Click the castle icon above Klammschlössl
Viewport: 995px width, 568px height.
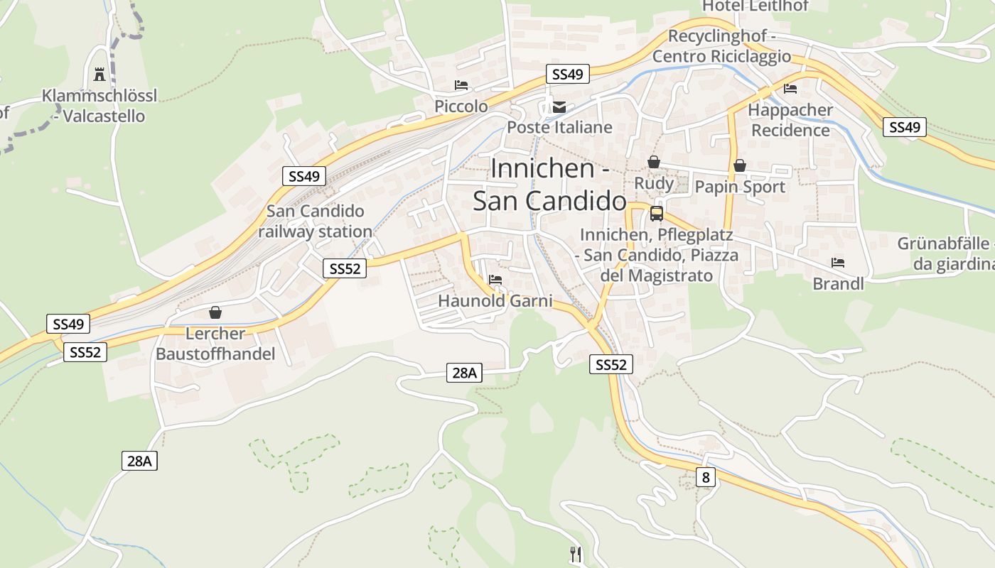coord(99,74)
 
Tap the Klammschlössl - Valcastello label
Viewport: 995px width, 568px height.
coord(99,106)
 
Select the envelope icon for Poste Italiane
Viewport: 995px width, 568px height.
coord(559,107)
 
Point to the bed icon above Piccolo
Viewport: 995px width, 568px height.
coord(461,85)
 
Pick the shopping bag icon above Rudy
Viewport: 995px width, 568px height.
coord(654,163)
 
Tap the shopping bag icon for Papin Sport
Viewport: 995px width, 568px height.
coord(740,165)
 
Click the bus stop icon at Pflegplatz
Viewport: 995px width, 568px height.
coord(657,213)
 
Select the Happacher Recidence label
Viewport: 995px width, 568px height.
coord(790,120)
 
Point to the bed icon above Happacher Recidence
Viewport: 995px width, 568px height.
coord(790,89)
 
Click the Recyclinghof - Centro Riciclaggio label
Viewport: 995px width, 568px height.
coord(721,46)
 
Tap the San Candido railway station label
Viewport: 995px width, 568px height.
coord(315,221)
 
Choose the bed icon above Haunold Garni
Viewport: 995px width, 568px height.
coord(495,280)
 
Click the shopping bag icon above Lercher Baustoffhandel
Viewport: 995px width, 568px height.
coord(215,312)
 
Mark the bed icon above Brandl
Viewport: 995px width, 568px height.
coord(838,263)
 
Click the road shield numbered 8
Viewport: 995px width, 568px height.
coord(705,477)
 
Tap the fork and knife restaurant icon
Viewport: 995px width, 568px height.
coord(576,554)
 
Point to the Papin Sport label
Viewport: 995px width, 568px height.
coord(740,187)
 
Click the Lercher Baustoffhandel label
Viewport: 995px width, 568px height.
coord(215,344)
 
